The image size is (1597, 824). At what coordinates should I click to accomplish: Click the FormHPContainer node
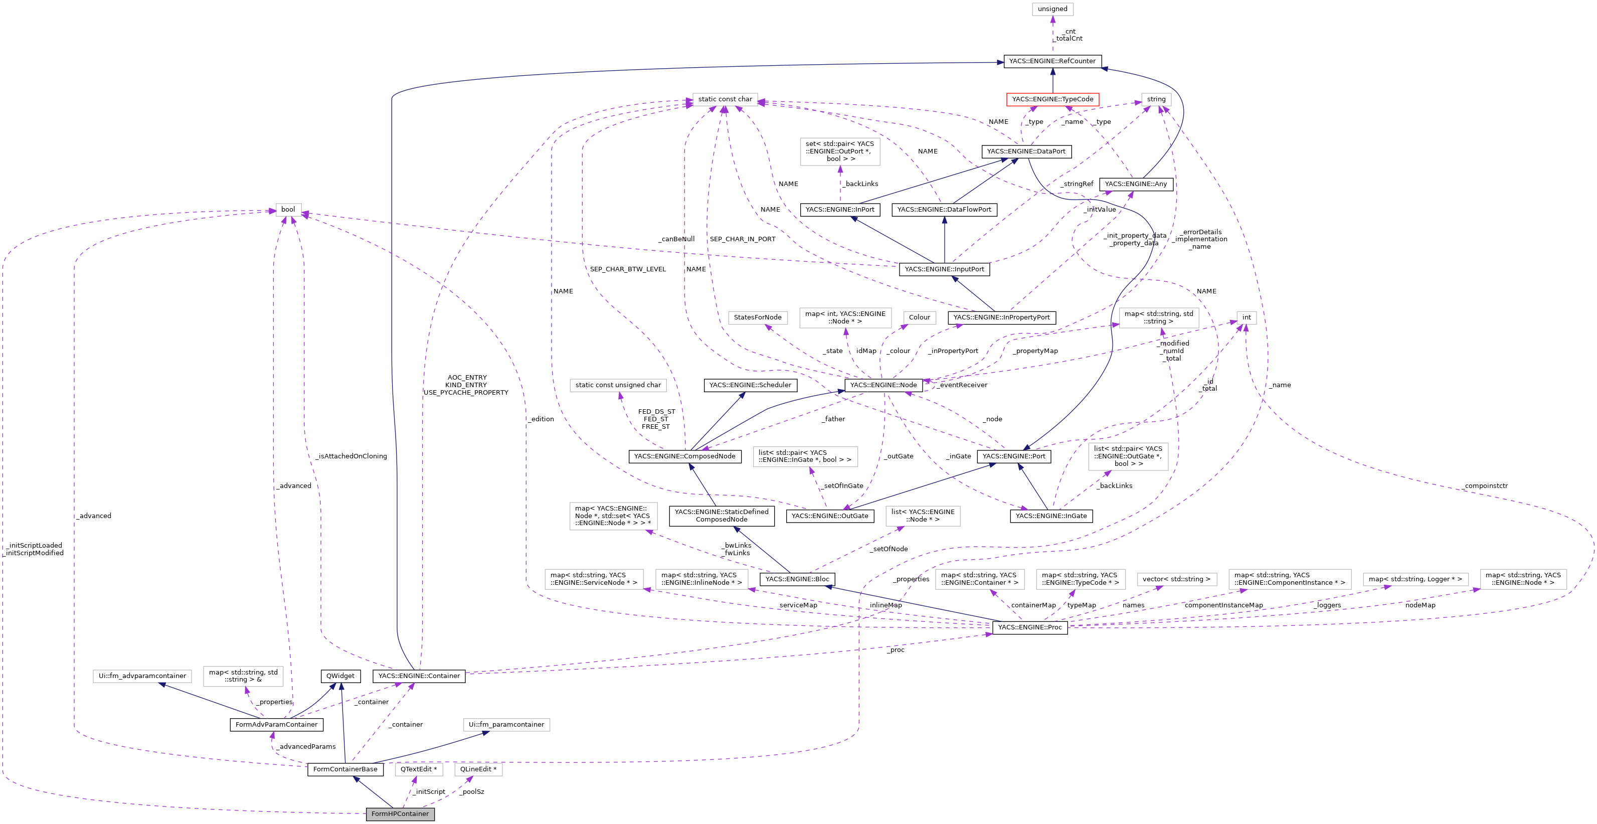(x=400, y=813)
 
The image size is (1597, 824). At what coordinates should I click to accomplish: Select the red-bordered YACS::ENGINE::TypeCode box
(x=1052, y=99)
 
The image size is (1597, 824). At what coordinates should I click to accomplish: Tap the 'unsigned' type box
(x=1052, y=9)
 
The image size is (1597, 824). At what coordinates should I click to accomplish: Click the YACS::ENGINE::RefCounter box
(x=1052, y=61)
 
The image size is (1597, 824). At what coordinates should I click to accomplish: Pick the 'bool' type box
(x=288, y=210)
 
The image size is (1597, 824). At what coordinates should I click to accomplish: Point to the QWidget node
(x=340, y=676)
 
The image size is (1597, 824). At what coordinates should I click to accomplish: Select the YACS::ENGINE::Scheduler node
(x=750, y=385)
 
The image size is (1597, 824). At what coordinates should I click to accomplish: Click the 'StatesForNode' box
(x=757, y=317)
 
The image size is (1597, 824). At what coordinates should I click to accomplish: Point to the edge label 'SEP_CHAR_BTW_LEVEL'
(x=627, y=269)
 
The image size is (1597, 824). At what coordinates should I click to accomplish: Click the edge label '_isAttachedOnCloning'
(x=351, y=456)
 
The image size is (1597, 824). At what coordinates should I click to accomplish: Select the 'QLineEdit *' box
(x=477, y=769)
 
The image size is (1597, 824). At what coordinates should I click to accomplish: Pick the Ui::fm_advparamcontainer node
(x=142, y=676)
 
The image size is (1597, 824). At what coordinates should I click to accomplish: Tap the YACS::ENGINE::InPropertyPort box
(x=1001, y=317)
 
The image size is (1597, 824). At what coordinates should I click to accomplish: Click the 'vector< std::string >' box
(x=1176, y=579)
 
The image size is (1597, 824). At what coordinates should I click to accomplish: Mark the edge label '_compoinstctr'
(x=1485, y=486)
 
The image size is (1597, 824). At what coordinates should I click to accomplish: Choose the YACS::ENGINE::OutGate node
(x=829, y=516)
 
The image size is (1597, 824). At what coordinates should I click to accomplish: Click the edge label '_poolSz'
(x=472, y=792)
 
